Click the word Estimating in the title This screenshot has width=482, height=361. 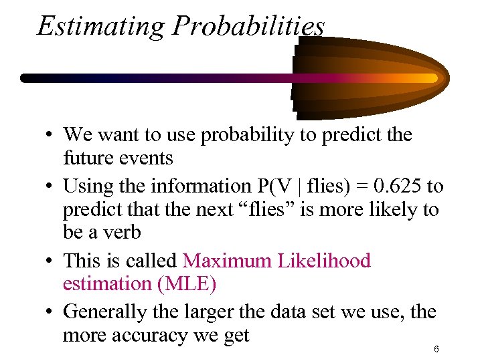[101, 26]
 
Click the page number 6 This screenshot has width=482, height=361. [436, 350]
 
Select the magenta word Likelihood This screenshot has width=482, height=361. [328, 260]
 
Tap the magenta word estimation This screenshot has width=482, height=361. [106, 284]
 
